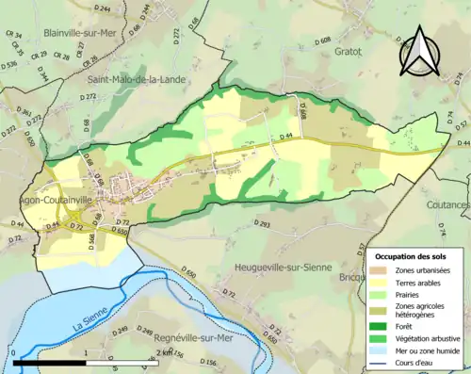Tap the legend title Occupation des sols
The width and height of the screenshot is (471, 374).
pyautogui.click(x=418, y=256)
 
